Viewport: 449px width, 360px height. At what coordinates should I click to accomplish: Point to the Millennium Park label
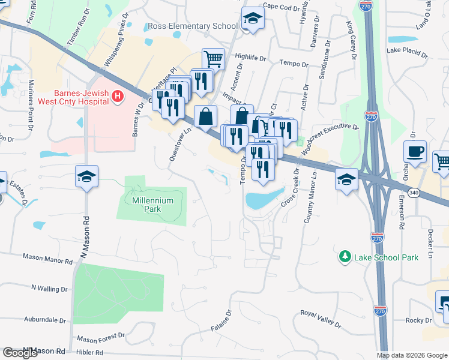tap(152, 205)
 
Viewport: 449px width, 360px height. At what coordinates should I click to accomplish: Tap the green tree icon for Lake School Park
tap(345, 257)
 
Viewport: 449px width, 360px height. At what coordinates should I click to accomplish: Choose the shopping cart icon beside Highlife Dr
tap(213, 59)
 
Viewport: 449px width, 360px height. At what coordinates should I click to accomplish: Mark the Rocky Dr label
tap(414, 320)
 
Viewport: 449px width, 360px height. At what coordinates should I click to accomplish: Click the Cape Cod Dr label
tap(281, 7)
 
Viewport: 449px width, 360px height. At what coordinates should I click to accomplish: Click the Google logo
tap(20, 352)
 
